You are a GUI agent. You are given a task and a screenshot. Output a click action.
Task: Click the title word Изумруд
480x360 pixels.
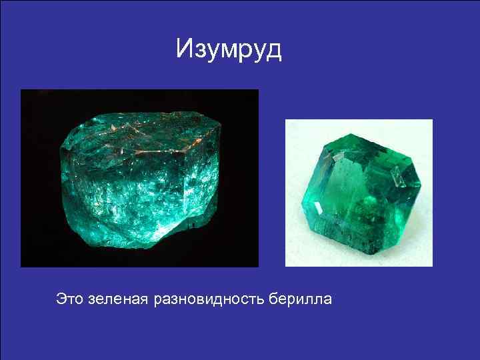click(x=229, y=50)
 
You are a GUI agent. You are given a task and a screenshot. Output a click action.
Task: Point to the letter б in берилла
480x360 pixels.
click(x=273, y=298)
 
